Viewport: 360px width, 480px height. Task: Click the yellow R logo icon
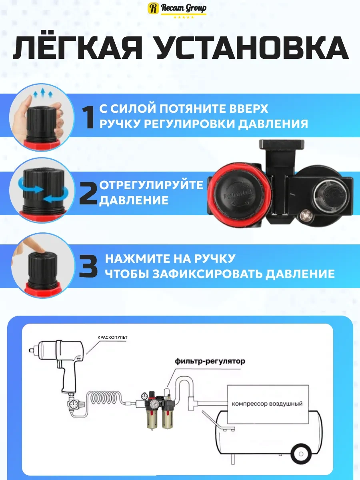[153, 8]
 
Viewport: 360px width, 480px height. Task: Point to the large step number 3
[88, 266]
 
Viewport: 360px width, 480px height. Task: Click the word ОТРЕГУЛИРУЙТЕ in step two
[151, 186]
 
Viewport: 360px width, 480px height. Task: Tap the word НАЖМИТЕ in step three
[138, 258]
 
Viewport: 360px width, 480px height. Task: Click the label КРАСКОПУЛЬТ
[112, 338]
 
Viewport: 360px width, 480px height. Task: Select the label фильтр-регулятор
[210, 361]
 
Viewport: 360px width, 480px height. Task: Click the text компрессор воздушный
[267, 404]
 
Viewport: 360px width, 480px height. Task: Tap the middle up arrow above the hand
[43, 93]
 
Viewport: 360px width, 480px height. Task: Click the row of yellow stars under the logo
[184, 17]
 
